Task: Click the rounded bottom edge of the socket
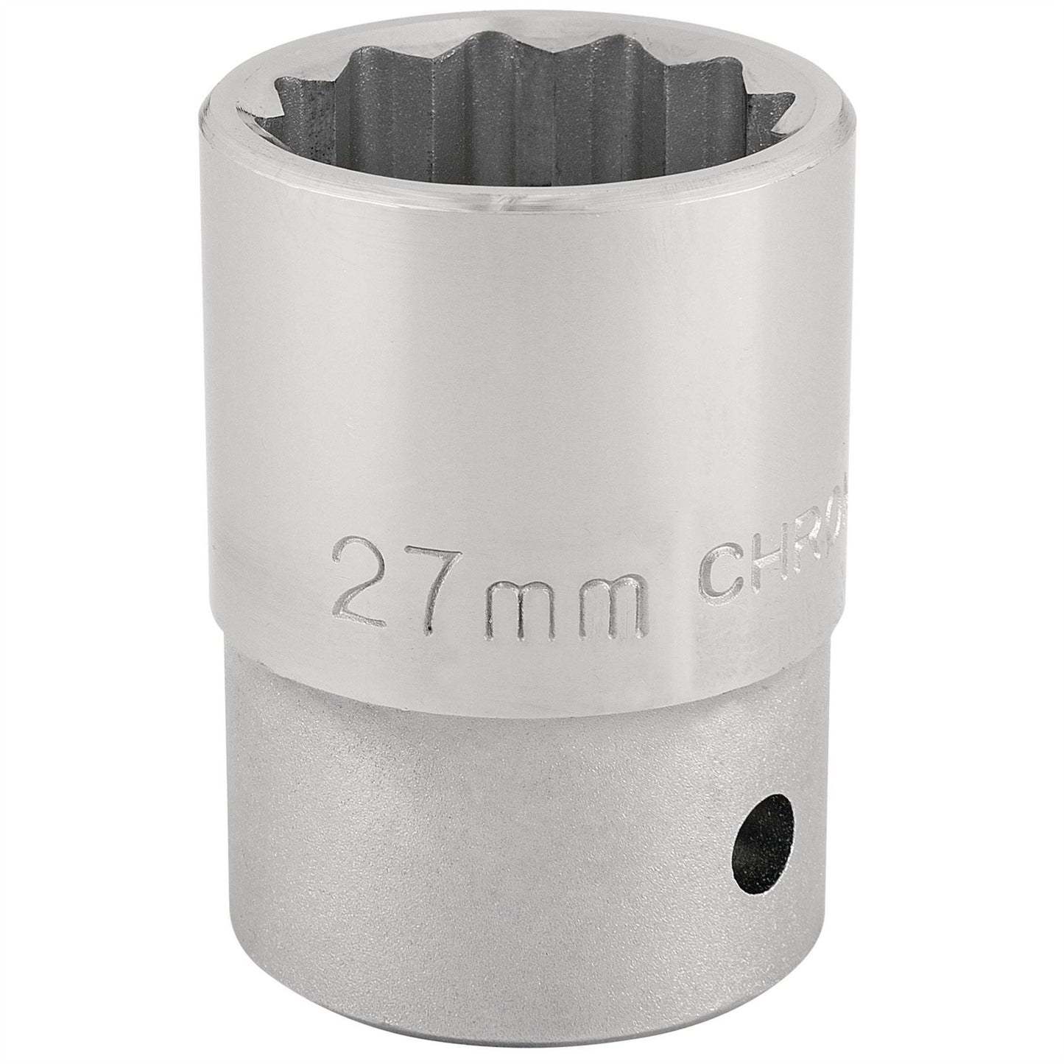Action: [515, 1031]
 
